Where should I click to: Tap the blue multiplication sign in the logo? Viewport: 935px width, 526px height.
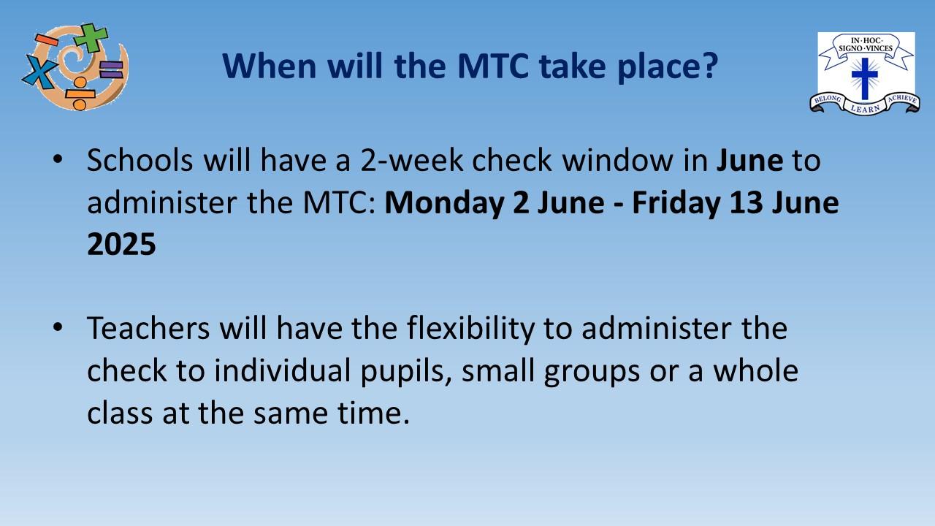(39, 72)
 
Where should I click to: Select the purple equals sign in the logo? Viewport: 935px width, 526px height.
(112, 69)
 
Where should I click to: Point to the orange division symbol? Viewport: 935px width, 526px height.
(80, 94)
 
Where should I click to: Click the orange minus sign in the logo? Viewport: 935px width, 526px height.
(47, 40)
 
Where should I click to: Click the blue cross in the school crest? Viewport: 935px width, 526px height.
(865, 78)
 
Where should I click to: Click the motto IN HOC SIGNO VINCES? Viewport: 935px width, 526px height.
(866, 45)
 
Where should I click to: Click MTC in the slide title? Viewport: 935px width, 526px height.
(493, 66)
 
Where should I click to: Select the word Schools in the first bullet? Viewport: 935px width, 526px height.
(140, 160)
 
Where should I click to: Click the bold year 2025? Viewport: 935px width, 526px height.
(121, 244)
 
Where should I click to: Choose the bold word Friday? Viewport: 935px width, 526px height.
(676, 203)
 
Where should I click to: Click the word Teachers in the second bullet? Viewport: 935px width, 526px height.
(148, 328)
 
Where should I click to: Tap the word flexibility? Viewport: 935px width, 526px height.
(471, 329)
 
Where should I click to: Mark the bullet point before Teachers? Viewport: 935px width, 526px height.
(58, 327)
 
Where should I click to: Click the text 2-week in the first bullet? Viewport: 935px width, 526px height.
(412, 160)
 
